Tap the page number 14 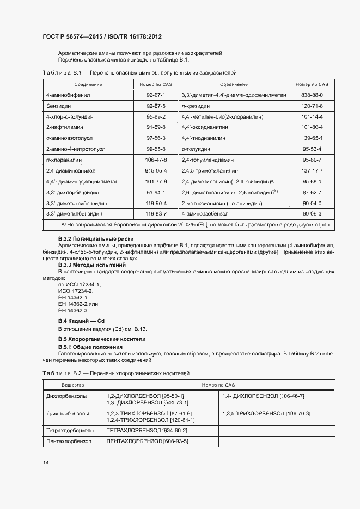46,462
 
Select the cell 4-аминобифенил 65,95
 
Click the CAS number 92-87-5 156,106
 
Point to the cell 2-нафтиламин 61,127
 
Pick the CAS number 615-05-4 156,170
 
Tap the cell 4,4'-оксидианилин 205,127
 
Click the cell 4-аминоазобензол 204,214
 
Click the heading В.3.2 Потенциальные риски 95,239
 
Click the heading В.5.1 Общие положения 90,347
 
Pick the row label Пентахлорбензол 69,441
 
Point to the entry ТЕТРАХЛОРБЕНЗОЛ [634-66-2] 147,430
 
